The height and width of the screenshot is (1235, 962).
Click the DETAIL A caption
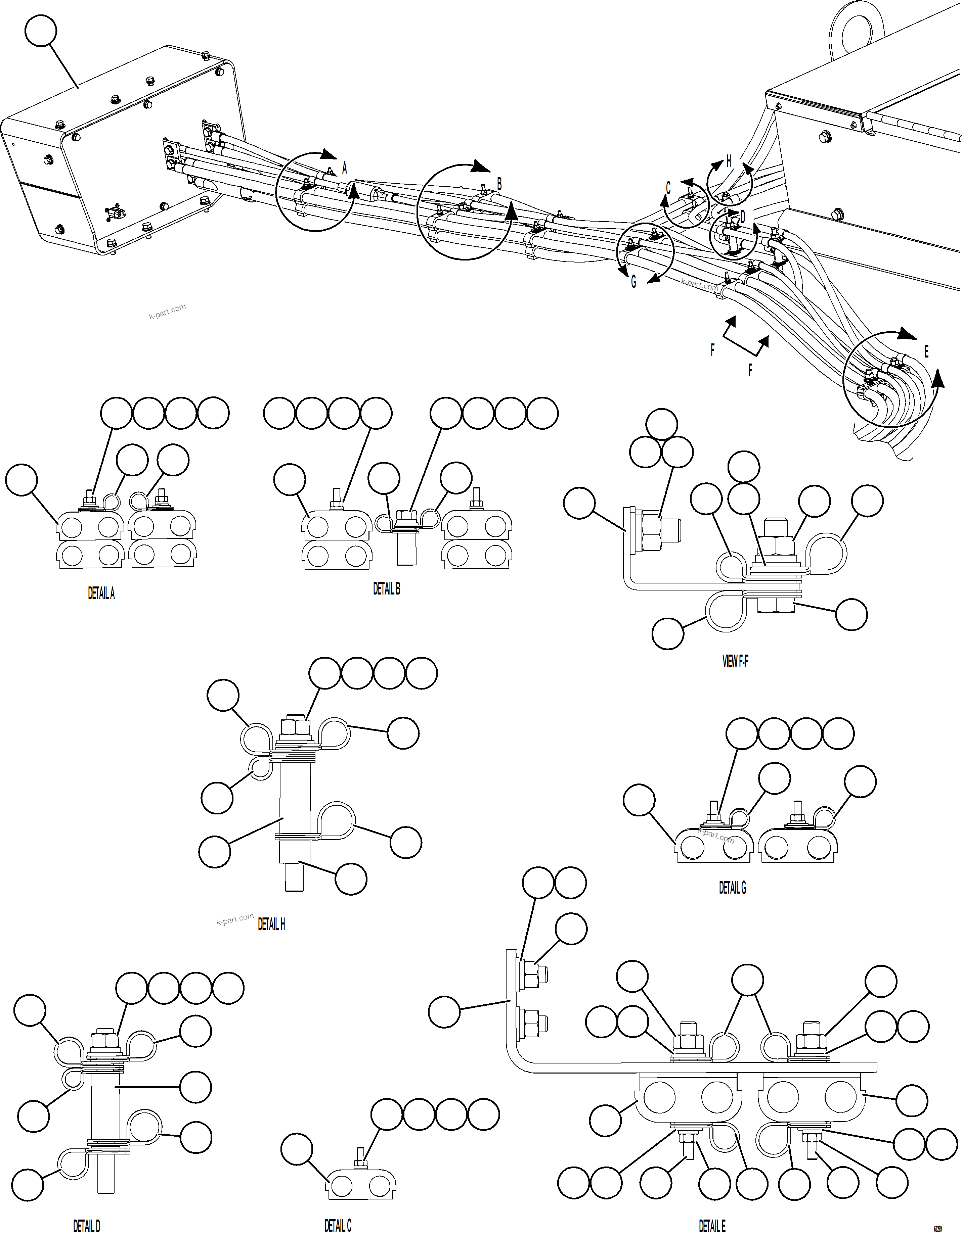click(x=101, y=593)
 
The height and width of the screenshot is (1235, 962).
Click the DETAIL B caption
click(x=387, y=589)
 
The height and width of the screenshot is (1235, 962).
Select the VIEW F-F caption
click(x=735, y=661)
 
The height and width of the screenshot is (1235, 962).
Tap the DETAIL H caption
click(x=271, y=924)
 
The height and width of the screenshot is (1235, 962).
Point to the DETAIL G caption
click(x=732, y=888)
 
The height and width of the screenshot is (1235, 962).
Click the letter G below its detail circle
click(x=633, y=282)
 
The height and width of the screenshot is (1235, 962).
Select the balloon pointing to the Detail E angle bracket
click(x=444, y=1012)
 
